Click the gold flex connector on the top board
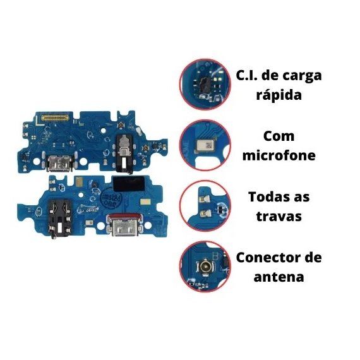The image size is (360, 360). pyautogui.click(x=55, y=117)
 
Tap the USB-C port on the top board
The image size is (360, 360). pyautogui.click(x=60, y=163)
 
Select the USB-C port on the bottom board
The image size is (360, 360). pyautogui.click(x=124, y=226)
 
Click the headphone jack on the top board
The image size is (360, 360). pyautogui.click(x=124, y=153)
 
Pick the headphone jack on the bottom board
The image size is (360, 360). pyautogui.click(x=60, y=219)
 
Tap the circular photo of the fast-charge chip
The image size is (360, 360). pyautogui.click(x=205, y=84)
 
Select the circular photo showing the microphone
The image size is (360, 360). pyautogui.click(x=205, y=145)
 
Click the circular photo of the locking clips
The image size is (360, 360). pyautogui.click(x=205, y=206)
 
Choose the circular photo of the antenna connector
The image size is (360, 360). pyautogui.click(x=205, y=267)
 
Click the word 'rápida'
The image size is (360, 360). pyautogui.click(x=279, y=95)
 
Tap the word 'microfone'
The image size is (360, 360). pyautogui.click(x=279, y=155)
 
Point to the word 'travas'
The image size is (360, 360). pyautogui.click(x=279, y=216)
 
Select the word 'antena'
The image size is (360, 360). pyautogui.click(x=279, y=277)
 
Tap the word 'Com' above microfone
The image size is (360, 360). pyautogui.click(x=279, y=136)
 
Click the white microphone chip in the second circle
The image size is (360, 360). pyautogui.click(x=205, y=145)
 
